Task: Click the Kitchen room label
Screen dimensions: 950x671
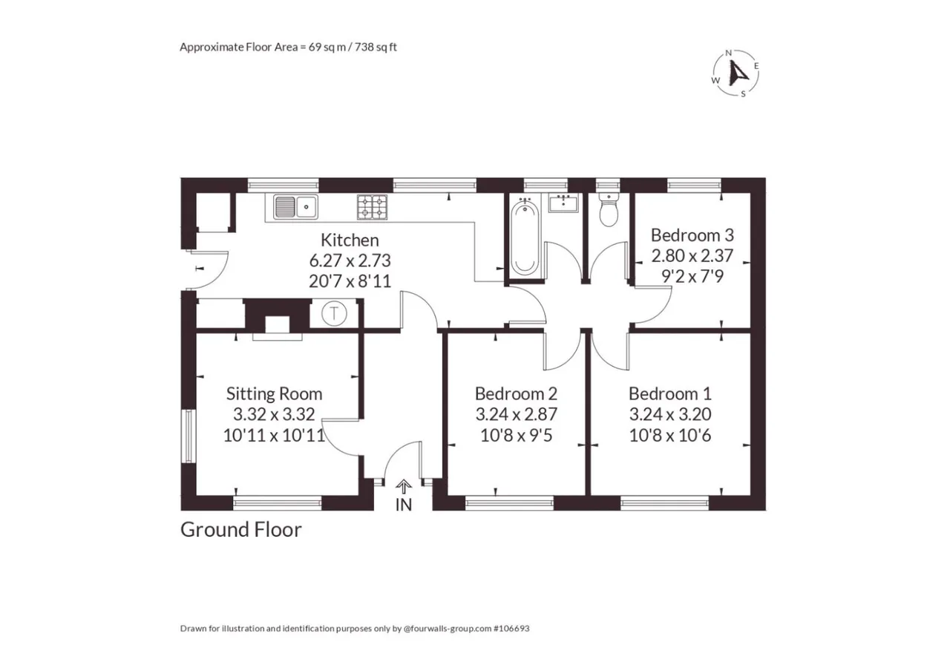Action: tap(350, 240)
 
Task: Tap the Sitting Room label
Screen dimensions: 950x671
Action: tap(274, 394)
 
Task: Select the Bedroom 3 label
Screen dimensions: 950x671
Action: tap(692, 235)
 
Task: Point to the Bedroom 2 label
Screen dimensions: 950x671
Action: tap(516, 393)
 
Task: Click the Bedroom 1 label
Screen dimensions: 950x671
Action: tap(670, 393)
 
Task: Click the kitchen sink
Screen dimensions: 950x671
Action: tap(295, 206)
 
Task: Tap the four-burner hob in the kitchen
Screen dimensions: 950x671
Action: tap(372, 207)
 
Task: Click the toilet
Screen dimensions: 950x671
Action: tap(609, 211)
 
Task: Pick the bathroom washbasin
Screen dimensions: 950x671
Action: tap(563, 203)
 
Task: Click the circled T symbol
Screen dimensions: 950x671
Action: tap(334, 314)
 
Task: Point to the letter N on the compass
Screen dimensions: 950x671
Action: tap(729, 53)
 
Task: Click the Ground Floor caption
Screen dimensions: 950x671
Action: tap(241, 530)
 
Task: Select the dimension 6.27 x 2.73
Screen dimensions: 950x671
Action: tap(350, 261)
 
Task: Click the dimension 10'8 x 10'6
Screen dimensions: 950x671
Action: tap(670, 436)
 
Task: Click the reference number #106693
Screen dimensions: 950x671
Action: tap(511, 628)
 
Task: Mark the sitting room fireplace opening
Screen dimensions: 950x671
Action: tap(278, 324)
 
